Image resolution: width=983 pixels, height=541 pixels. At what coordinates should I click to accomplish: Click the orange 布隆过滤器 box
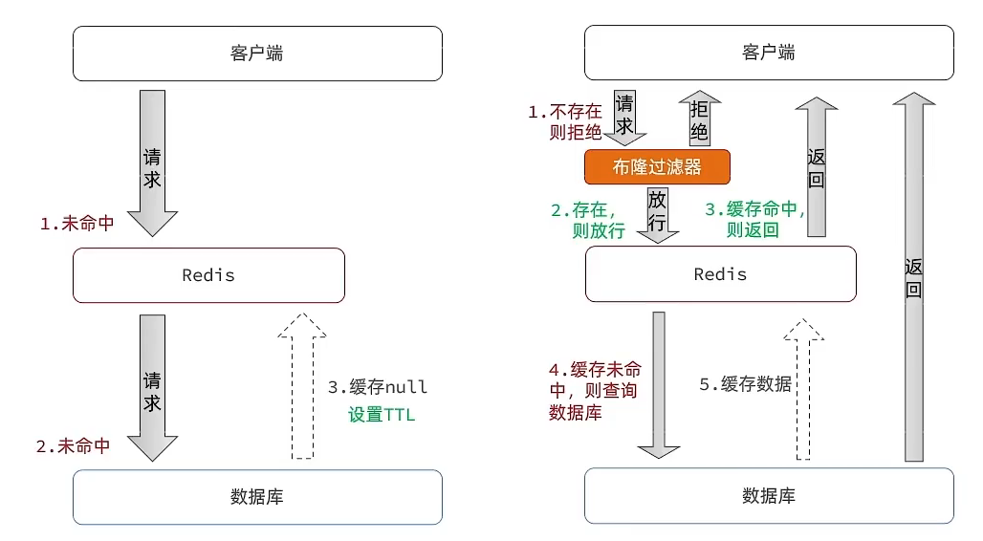pyautogui.click(x=657, y=167)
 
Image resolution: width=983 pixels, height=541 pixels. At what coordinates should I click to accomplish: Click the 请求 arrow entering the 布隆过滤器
pyautogui.click(x=624, y=117)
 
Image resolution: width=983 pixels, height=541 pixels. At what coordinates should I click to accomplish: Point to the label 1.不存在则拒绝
pyautogui.click(x=566, y=122)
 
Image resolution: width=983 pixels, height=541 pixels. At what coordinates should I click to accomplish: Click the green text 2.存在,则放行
pyautogui.click(x=587, y=219)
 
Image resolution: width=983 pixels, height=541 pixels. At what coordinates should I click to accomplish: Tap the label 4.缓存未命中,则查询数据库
pyautogui.click(x=593, y=391)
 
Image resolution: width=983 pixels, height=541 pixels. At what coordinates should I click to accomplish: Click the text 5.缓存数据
pyautogui.click(x=745, y=384)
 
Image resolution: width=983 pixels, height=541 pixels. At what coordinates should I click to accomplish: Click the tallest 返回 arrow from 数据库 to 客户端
pyautogui.click(x=914, y=277)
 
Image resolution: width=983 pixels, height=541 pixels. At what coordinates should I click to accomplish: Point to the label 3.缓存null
pyautogui.click(x=378, y=387)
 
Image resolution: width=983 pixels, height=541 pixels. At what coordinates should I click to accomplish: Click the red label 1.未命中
pyautogui.click(x=76, y=224)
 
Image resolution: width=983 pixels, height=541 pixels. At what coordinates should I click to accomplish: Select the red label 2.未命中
pyautogui.click(x=73, y=445)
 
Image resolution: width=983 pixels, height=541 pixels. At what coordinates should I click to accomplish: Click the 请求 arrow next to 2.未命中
pyautogui.click(x=152, y=387)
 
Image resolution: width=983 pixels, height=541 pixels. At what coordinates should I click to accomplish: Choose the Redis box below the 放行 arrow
pyautogui.click(x=720, y=275)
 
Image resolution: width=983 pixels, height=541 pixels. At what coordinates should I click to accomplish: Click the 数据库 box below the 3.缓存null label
pyautogui.click(x=257, y=497)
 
